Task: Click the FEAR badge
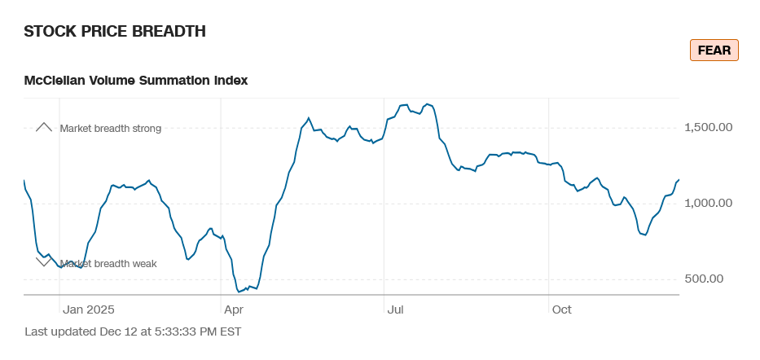(714, 50)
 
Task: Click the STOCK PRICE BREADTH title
(115, 32)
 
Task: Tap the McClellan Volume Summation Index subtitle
(136, 80)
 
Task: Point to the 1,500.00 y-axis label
(709, 128)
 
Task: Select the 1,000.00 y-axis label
(709, 204)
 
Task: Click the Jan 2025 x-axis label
(89, 310)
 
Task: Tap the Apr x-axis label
(233, 310)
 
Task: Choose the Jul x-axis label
(396, 310)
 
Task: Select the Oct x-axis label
(562, 310)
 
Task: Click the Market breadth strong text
(111, 128)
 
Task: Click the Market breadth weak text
(108, 263)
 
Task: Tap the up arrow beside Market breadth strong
(44, 127)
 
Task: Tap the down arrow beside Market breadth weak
(44, 261)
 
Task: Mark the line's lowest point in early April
(239, 291)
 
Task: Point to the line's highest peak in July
(405, 104)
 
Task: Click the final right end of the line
(679, 179)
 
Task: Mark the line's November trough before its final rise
(645, 235)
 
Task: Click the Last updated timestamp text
(133, 331)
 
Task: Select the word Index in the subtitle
(231, 80)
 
